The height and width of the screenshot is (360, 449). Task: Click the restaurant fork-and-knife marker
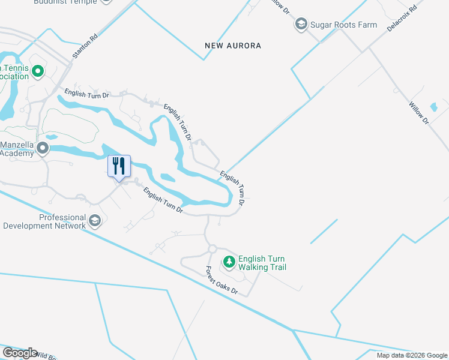pos(119,166)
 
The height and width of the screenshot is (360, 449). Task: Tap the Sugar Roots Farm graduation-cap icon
pos(301,25)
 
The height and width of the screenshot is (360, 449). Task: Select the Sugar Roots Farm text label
pos(343,25)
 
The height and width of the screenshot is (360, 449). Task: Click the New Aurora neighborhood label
pos(233,46)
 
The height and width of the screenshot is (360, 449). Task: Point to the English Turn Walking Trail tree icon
pos(229,262)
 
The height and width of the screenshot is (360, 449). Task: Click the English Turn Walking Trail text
pos(262,263)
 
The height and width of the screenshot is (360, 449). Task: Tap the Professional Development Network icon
pos(94,221)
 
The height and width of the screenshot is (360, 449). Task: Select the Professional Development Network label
pos(44,221)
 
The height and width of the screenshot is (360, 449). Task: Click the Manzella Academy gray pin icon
pos(43,148)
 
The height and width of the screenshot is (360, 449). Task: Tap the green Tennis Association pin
pos(38,73)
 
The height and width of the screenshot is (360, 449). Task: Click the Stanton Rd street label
pos(85,46)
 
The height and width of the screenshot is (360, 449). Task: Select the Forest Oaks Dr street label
pos(222,280)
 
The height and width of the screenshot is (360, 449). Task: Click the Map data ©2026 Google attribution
pos(412,355)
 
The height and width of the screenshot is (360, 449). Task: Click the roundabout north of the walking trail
pos(212,248)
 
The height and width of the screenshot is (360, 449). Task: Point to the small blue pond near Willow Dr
pos(434,108)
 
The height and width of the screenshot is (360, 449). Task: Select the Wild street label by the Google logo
pos(47,355)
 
